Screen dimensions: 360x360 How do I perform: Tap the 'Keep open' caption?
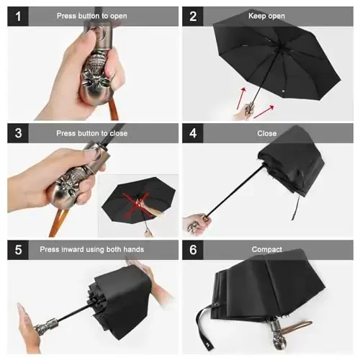tap(267, 16)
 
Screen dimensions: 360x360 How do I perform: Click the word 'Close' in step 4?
tap(267, 133)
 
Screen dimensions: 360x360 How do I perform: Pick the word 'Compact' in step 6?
tap(267, 250)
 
